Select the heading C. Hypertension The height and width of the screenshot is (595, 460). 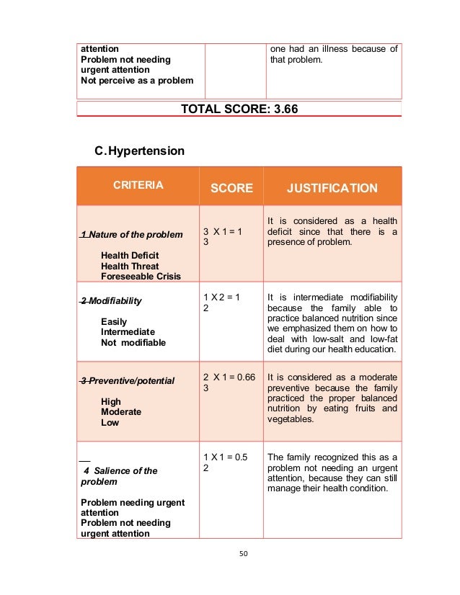pos(140,151)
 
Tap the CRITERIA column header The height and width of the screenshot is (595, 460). pos(138,185)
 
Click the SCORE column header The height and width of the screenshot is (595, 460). pos(231,188)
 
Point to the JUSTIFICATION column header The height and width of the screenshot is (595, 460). pos(332,188)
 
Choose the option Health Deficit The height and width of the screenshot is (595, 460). pos(130,255)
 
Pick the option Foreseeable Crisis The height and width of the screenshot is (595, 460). pos(141,276)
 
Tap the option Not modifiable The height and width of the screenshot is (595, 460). pos(133,342)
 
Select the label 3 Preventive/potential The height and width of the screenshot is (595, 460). pos(128,380)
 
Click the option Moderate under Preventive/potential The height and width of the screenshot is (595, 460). pos(121,412)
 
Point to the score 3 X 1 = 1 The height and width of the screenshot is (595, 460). pos(222,231)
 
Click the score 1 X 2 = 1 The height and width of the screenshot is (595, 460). pos(222,297)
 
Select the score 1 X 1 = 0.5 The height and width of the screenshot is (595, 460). pos(226,457)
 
